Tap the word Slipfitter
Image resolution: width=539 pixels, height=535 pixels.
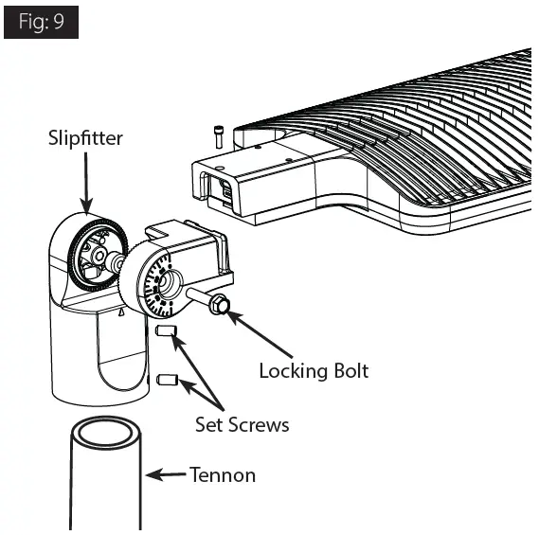(x=85, y=139)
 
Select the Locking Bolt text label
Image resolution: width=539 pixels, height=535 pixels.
(x=314, y=370)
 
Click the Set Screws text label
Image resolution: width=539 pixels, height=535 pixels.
(x=242, y=424)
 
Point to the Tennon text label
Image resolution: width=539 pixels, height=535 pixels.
(x=222, y=474)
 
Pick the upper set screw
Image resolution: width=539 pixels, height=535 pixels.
(x=164, y=332)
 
